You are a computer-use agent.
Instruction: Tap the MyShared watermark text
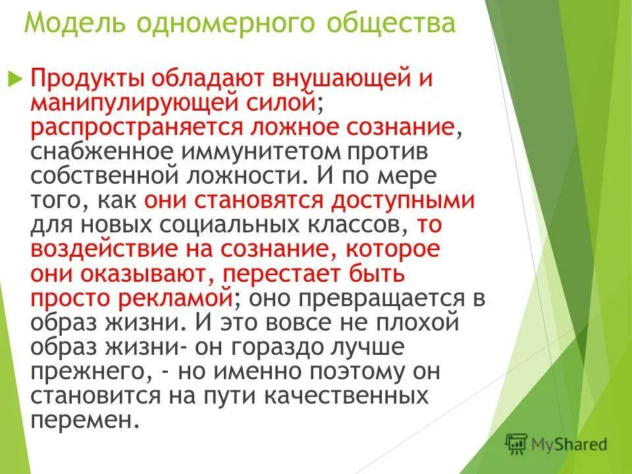click(x=569, y=443)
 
